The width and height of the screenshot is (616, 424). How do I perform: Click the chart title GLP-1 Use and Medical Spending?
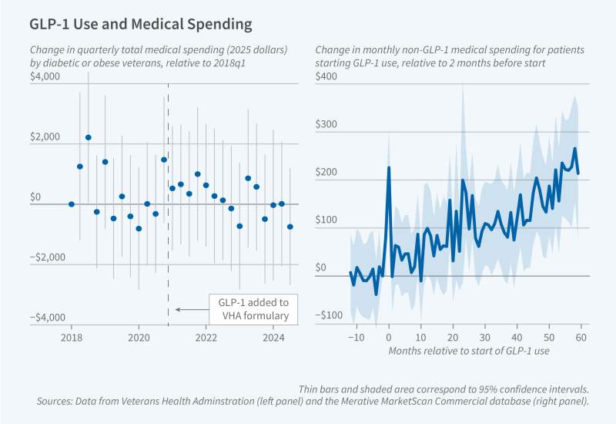tap(140, 24)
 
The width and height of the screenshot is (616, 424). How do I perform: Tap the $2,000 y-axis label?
tap(45, 136)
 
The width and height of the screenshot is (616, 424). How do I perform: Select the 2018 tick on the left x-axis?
tap(72, 338)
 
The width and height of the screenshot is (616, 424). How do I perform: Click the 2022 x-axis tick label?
tap(206, 338)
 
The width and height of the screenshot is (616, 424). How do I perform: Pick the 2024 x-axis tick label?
tap(273, 338)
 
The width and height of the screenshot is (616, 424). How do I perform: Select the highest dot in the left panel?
tap(89, 137)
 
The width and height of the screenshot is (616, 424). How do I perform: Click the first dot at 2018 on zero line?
tap(72, 204)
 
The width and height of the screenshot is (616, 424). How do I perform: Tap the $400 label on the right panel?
tap(327, 76)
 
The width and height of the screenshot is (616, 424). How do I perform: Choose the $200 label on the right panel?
tap(327, 172)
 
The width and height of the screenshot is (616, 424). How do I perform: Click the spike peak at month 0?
tap(389, 167)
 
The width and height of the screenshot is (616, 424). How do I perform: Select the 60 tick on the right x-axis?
tap(581, 338)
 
